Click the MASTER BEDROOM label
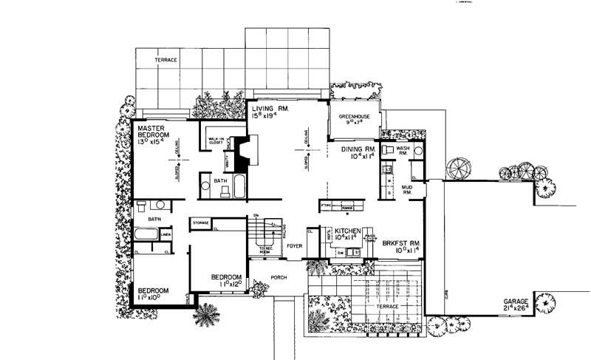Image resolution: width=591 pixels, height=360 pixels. [154, 132]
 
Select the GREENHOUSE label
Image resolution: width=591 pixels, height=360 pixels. [355, 117]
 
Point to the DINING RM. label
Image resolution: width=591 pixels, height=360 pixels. [361, 149]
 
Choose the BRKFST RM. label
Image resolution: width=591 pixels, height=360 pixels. [401, 242]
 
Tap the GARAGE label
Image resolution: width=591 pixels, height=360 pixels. [517, 302]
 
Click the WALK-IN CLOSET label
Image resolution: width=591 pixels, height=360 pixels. [216, 140]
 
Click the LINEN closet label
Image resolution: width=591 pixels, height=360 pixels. [165, 235]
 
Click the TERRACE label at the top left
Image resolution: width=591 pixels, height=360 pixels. [166, 59]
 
